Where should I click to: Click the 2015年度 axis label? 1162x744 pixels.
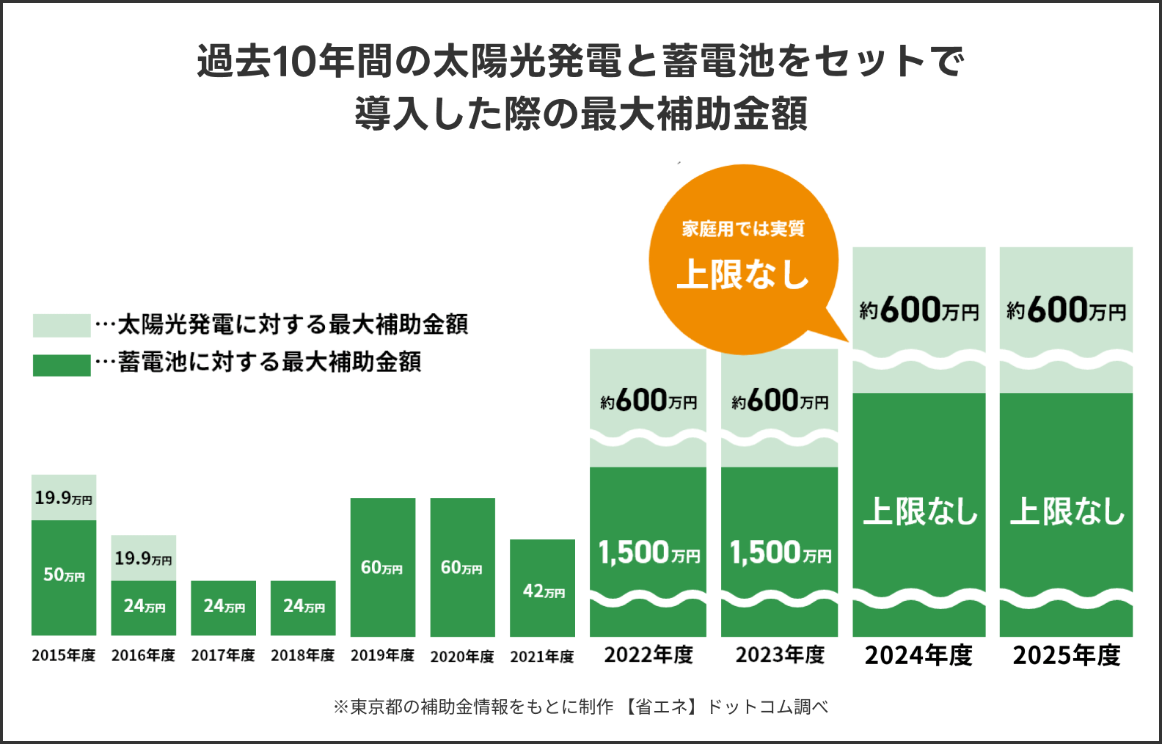coord(64,655)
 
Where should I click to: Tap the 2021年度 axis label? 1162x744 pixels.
coord(542,657)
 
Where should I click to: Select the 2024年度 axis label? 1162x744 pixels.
coord(918,655)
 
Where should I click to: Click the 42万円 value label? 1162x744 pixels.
coord(544,591)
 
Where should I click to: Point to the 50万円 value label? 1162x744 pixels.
coord(64,575)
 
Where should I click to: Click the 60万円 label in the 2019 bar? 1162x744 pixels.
coord(381,568)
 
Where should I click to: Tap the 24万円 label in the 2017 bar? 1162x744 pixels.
coord(224,606)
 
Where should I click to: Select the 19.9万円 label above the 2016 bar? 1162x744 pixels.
coord(143,558)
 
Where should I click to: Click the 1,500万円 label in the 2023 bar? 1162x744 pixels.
coord(780,553)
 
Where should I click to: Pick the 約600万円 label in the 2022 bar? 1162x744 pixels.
coord(648,401)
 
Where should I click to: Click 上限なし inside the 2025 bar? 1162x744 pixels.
coord(1067,511)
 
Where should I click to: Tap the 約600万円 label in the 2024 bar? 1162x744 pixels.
coord(918,310)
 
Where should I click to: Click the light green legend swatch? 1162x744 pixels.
coord(62,325)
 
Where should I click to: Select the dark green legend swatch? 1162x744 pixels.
coord(62,365)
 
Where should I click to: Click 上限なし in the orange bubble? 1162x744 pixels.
coord(742,274)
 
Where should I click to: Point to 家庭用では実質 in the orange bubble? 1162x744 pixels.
coord(743,229)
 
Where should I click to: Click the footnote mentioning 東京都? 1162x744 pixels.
coord(580,707)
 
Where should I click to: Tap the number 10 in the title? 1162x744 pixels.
coord(293,62)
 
